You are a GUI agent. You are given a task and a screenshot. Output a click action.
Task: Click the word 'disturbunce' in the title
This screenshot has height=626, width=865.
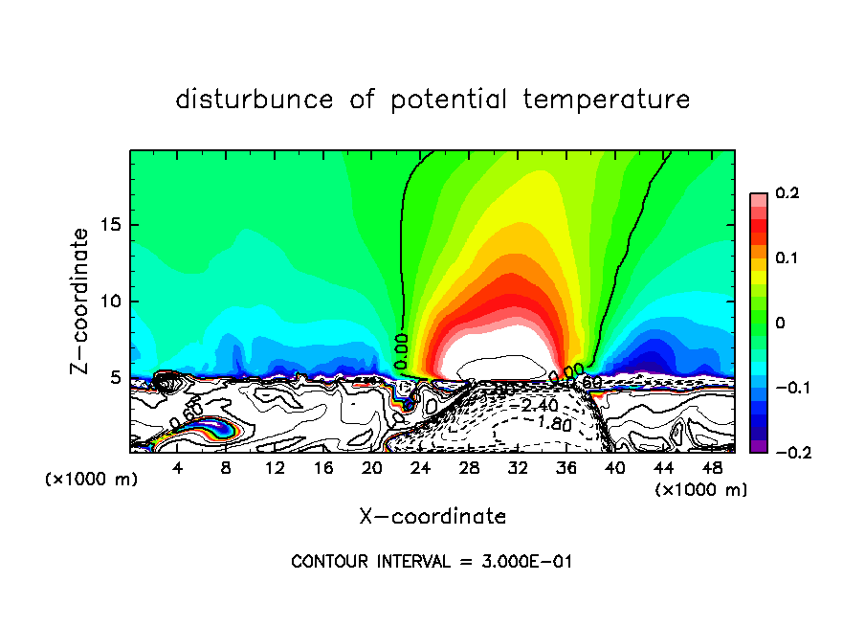255,100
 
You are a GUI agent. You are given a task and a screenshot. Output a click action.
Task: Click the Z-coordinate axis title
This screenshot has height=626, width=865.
81,301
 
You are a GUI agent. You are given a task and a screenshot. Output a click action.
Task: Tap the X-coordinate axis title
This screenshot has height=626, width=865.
432,517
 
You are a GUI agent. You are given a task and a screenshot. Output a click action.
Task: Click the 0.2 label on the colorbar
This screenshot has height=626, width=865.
787,193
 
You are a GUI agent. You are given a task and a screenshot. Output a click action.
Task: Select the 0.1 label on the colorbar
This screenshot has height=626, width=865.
787,258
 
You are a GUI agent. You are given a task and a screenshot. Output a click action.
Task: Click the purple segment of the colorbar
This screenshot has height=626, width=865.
758,445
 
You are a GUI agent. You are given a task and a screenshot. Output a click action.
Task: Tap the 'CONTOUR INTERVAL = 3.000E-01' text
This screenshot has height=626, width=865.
432,562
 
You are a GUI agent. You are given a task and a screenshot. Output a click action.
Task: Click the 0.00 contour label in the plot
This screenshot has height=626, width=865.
402,350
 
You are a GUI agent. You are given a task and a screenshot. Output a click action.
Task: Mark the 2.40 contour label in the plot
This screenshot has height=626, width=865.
540,406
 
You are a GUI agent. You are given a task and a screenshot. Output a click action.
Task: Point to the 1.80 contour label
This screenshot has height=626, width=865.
553,423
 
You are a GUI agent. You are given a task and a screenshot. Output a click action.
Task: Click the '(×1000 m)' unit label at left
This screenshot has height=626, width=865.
92,480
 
